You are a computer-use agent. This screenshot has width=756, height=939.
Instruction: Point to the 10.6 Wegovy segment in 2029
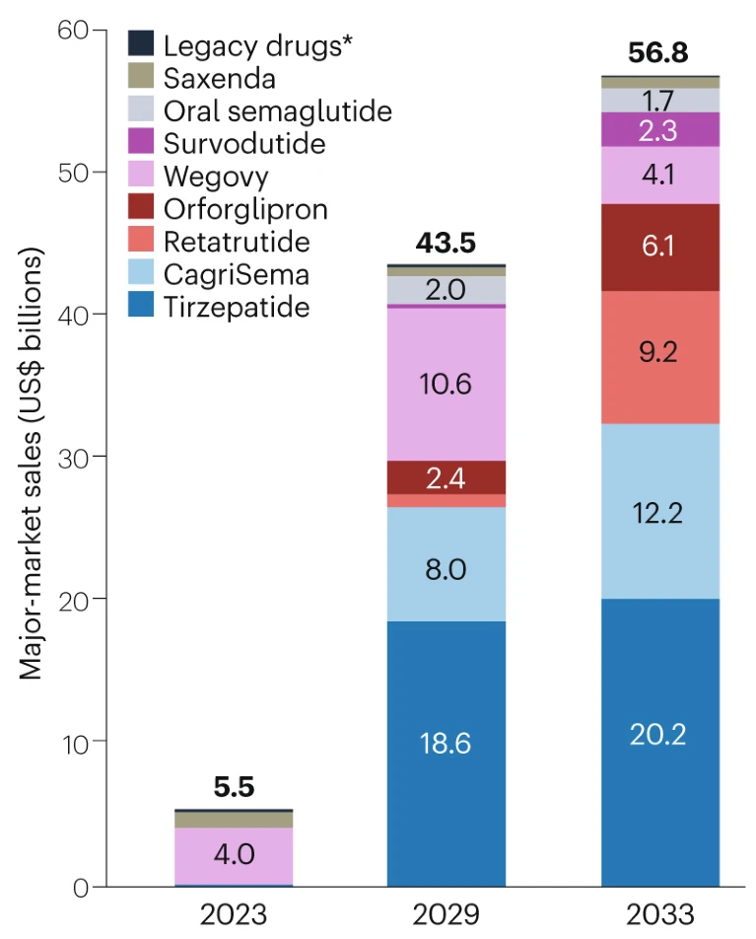pyautogui.click(x=447, y=385)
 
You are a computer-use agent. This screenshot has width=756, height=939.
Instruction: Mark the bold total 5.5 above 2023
pyautogui.click(x=234, y=788)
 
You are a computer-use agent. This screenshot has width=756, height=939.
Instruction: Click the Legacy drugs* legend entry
pyautogui.click(x=257, y=44)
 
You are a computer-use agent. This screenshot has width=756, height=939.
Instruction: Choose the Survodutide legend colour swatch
pyautogui.click(x=142, y=143)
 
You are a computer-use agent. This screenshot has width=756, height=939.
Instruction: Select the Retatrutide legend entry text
pyautogui.click(x=237, y=242)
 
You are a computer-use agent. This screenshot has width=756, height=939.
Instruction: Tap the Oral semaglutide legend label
pyautogui.click(x=277, y=110)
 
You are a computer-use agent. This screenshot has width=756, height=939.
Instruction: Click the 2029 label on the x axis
pyautogui.click(x=447, y=913)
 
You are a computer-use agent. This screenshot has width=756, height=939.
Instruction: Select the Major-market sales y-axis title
pyautogui.click(x=32, y=464)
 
